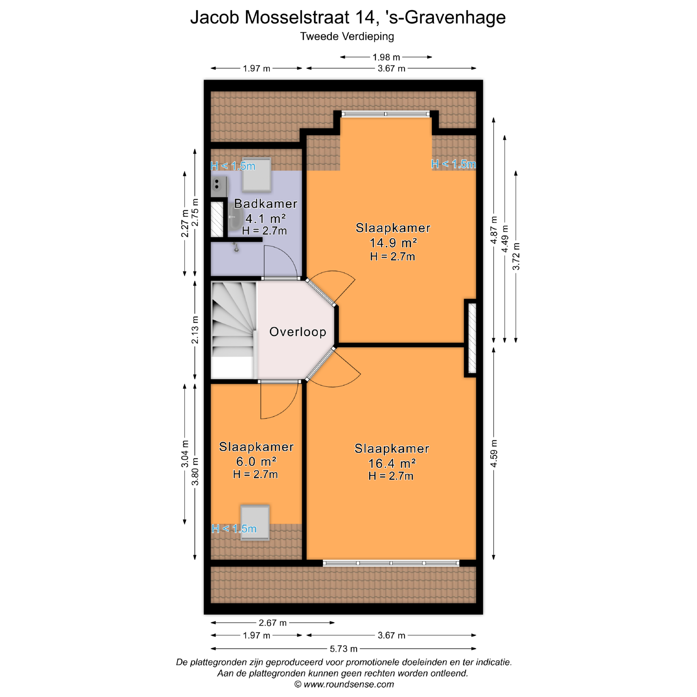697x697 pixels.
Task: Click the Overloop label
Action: pos(298,332)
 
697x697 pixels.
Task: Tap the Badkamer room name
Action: pos(266,204)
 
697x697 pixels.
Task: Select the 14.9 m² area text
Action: pos(393,242)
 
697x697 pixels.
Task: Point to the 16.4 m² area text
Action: pos(392,463)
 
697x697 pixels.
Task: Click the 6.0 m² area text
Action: pos(256,461)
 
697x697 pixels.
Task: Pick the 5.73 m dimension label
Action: pos(343,649)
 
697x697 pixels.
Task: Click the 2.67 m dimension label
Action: pos(273,623)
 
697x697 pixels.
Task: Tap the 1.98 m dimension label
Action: pos(386,57)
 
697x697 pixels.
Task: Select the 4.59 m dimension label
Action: pos(494,454)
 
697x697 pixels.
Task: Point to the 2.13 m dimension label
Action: pos(195,330)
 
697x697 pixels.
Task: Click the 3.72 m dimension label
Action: pos(516,256)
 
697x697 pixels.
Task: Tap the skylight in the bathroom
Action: pos(257,175)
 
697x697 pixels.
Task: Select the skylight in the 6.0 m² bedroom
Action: pos(255,522)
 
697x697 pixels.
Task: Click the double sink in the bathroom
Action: pos(219,186)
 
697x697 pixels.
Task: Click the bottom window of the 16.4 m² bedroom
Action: pos(391,563)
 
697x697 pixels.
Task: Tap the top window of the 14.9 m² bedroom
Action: pos(386,114)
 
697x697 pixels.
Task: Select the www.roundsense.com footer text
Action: pos(348,684)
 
